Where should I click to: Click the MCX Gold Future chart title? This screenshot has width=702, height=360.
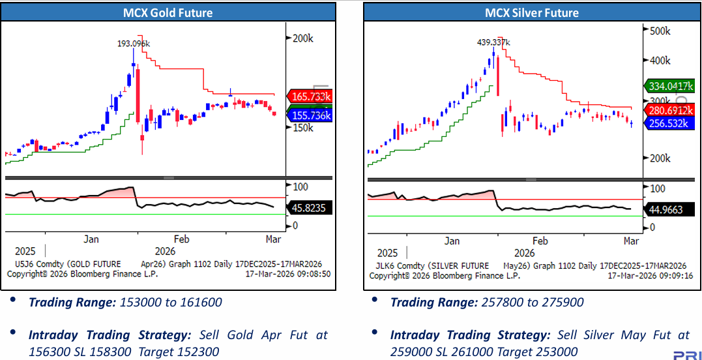(168, 12)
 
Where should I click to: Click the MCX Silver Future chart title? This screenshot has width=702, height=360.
(532, 12)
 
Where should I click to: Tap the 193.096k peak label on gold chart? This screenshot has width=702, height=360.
(134, 43)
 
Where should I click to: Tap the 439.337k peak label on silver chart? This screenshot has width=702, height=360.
(493, 42)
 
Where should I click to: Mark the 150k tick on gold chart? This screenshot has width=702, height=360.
(302, 128)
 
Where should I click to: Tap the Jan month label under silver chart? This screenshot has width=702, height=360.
(452, 241)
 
